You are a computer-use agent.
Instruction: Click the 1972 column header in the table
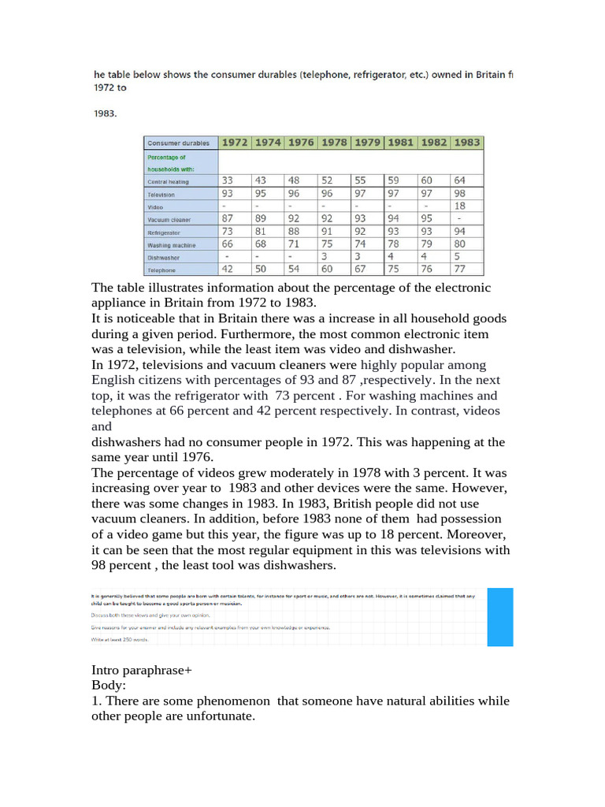pyautogui.click(x=235, y=143)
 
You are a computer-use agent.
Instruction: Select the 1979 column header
pyautogui.click(x=368, y=143)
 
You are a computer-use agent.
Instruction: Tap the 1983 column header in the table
pyautogui.click(x=467, y=143)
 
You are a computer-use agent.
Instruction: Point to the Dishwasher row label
pyautogui.click(x=163, y=257)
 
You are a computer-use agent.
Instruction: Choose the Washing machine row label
pyautogui.click(x=171, y=245)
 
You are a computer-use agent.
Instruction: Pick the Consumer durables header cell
pyautogui.click(x=179, y=143)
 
